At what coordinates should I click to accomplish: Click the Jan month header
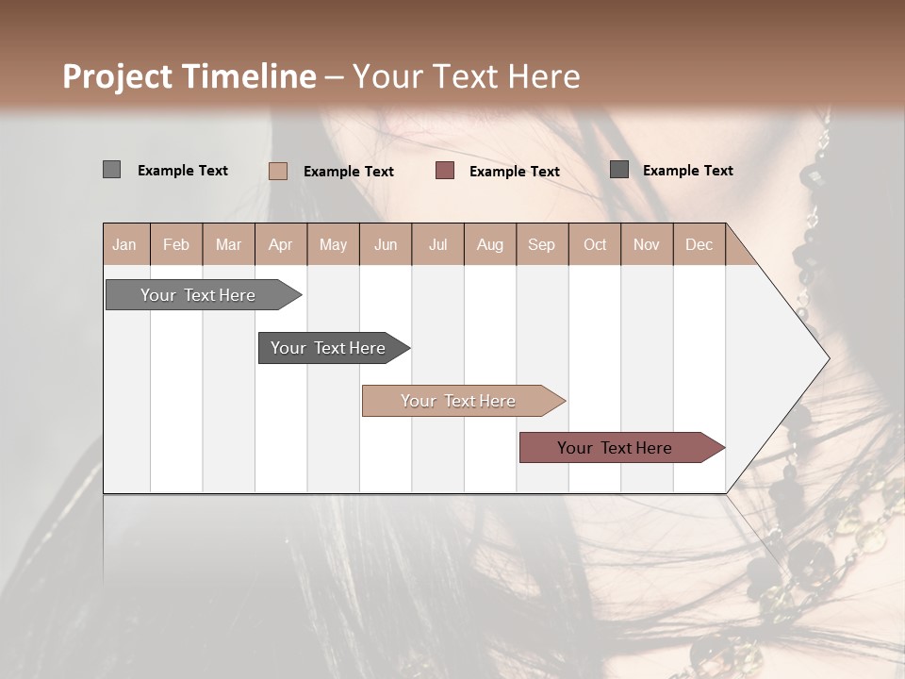pyautogui.click(x=124, y=244)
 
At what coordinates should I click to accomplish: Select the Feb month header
pyautogui.click(x=176, y=244)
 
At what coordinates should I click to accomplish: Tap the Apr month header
pyautogui.click(x=280, y=244)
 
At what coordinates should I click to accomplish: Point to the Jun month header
pyautogui.click(x=386, y=244)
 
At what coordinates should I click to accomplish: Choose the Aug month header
pyautogui.click(x=489, y=244)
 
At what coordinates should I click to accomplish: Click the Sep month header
pyautogui.click(x=541, y=244)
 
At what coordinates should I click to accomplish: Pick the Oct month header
pyautogui.click(x=595, y=244)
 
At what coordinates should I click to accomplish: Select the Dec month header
pyautogui.click(x=699, y=244)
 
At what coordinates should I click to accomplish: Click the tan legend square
pyautogui.click(x=278, y=171)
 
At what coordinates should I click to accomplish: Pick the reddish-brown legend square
pyautogui.click(x=445, y=171)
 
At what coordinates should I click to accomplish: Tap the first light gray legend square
pyautogui.click(x=112, y=170)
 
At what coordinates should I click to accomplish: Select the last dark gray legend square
pyautogui.click(x=619, y=170)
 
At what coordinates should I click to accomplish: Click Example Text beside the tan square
pyautogui.click(x=348, y=172)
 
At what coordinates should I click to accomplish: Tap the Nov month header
pyautogui.click(x=646, y=244)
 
